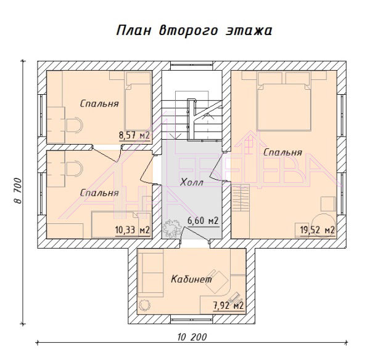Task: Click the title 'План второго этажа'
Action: (x=194, y=31)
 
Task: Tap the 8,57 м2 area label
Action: (x=134, y=135)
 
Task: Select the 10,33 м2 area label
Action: (x=133, y=229)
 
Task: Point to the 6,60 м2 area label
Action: (x=203, y=221)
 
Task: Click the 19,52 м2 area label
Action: (x=318, y=229)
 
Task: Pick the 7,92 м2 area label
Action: (x=228, y=306)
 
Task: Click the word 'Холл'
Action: (x=191, y=182)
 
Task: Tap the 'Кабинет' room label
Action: (x=191, y=279)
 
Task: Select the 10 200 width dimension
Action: (x=192, y=337)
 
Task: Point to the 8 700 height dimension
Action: (x=18, y=191)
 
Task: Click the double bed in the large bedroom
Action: (x=284, y=102)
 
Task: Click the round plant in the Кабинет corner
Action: (x=145, y=306)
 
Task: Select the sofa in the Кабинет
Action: (x=150, y=273)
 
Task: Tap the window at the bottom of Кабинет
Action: (x=192, y=319)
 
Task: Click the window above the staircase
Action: (x=192, y=66)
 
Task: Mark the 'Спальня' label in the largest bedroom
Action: (x=282, y=153)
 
